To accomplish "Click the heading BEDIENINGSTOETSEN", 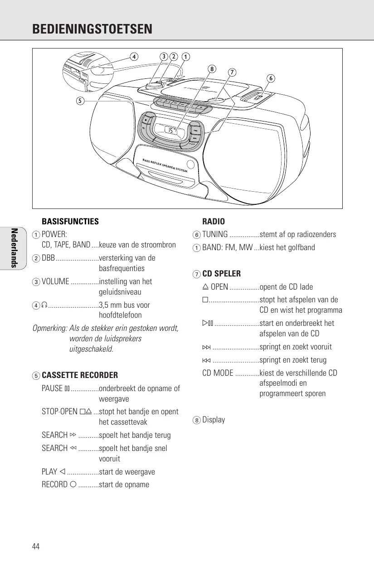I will click(92, 29).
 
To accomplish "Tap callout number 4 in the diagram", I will click(133, 57).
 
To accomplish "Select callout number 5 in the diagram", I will click(80, 101).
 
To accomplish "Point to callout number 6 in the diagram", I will click(270, 78).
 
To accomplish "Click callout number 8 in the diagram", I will click(211, 69).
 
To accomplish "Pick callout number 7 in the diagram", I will click(232, 72).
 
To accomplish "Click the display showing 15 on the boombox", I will click(170, 131).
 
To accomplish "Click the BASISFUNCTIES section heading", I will click(70, 222).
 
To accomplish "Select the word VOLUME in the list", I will click(55, 281).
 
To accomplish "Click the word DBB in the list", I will click(48, 258).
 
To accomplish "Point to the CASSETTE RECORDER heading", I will click(80, 375).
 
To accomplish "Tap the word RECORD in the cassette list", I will click(54, 484).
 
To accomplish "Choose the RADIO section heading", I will click(214, 222).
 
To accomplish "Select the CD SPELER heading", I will click(221, 274).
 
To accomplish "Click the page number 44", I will click(36, 546).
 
